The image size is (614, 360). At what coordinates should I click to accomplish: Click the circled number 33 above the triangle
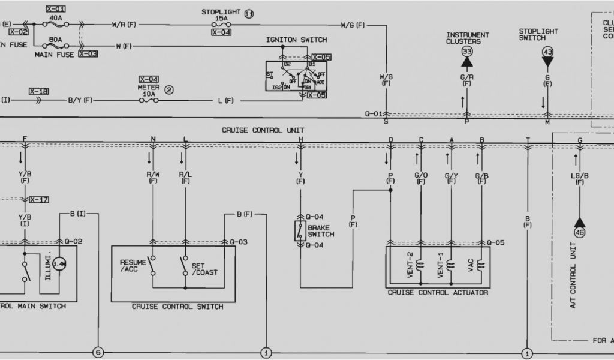467,52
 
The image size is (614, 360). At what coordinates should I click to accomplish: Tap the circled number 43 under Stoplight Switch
547,52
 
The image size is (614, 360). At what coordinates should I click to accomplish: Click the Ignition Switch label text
297,40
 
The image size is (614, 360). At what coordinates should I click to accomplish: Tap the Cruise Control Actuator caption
438,293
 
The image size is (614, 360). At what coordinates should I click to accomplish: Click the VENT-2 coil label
410,265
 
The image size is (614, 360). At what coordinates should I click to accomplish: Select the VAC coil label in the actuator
471,265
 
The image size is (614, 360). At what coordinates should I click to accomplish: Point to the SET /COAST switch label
204,269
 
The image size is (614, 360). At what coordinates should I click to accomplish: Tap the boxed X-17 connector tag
38,199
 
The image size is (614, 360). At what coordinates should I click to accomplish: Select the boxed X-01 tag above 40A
56,10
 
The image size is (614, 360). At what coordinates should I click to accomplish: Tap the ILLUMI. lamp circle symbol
59,264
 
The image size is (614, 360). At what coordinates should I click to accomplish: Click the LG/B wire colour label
579,175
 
